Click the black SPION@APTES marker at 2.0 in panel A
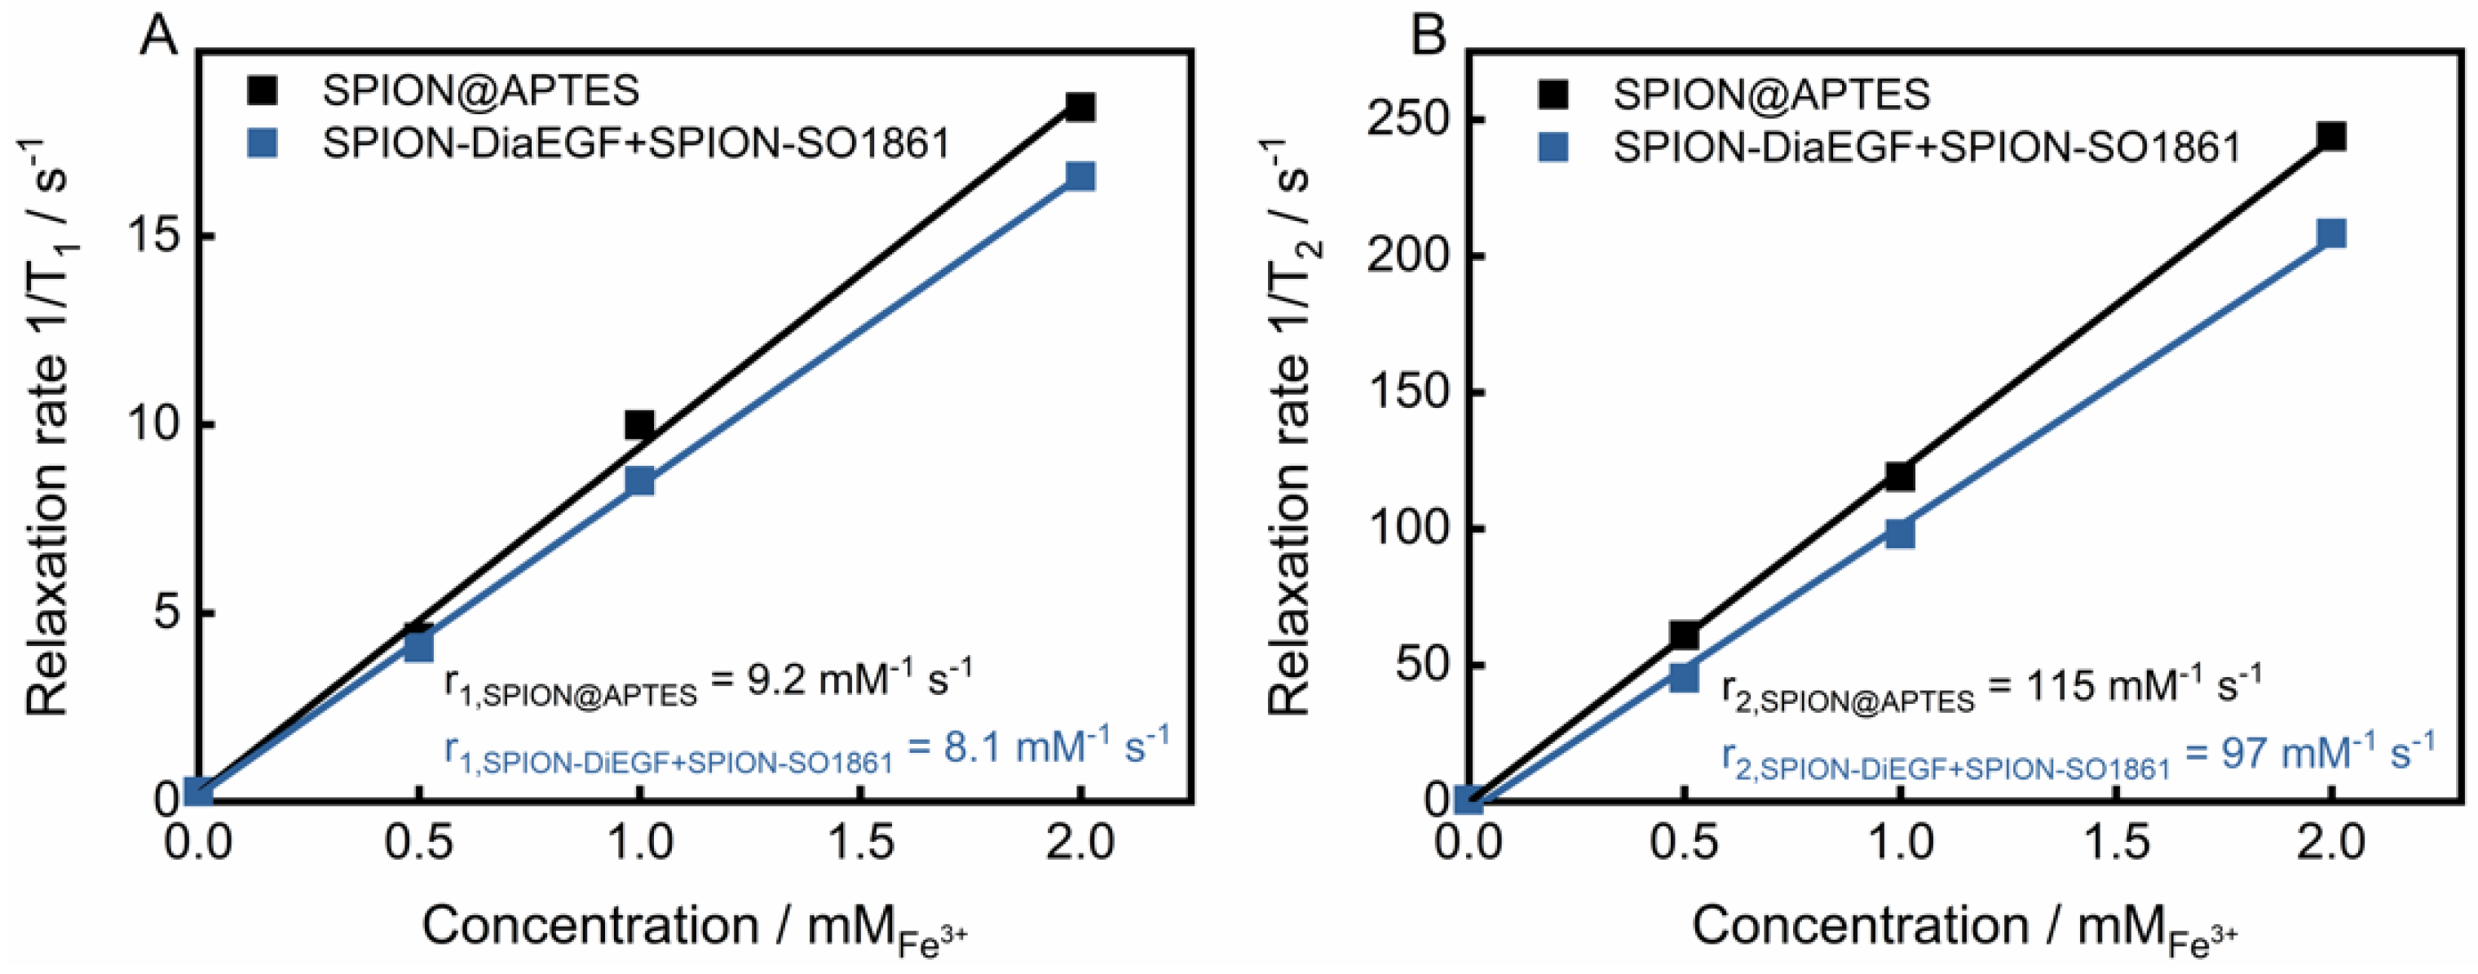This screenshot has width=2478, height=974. point(1080,107)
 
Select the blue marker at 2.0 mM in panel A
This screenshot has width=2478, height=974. point(1080,176)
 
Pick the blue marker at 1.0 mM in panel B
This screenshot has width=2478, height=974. point(1899,533)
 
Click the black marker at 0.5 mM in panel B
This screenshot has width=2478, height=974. point(1684,635)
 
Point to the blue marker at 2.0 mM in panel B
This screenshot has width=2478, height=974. point(2331,234)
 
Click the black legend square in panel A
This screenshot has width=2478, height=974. point(262,91)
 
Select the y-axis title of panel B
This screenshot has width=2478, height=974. point(1292,423)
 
